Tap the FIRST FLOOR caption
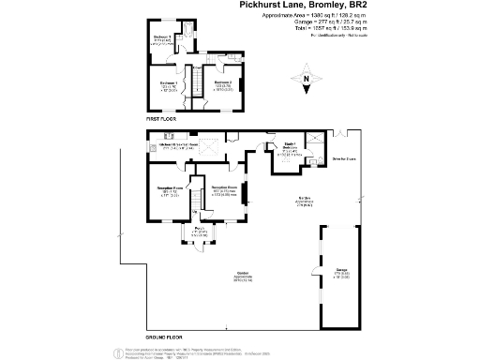[161, 121]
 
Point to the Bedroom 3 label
[162, 39]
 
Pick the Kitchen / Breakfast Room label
[178, 146]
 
